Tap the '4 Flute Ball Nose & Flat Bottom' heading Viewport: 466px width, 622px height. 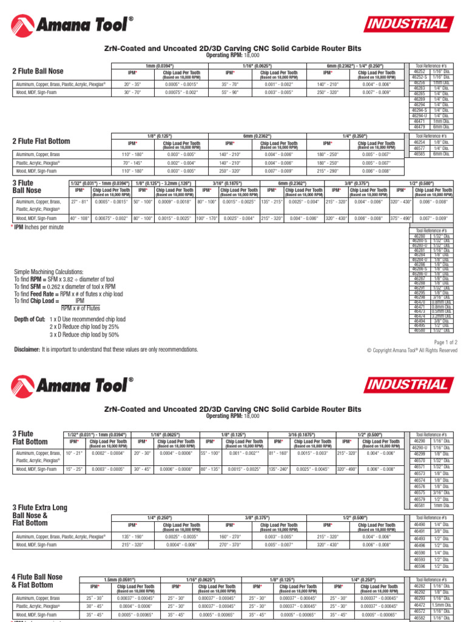click(x=37, y=581)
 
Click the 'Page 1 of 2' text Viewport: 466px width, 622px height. click(x=441, y=343)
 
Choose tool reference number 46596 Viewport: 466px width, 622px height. click(x=419, y=566)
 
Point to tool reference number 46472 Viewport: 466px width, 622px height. click(x=419, y=605)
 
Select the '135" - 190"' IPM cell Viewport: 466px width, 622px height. click(x=132, y=536)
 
